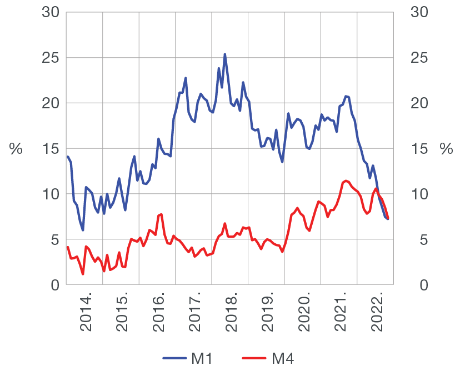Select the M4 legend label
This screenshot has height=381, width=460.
tap(282, 359)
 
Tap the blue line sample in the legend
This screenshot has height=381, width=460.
tap(174, 359)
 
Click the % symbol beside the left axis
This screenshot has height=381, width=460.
tap(16, 149)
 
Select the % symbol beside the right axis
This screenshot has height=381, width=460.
tap(446, 149)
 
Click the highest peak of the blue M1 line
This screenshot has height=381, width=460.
tap(225, 54)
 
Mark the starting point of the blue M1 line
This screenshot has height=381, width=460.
tap(67, 156)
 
